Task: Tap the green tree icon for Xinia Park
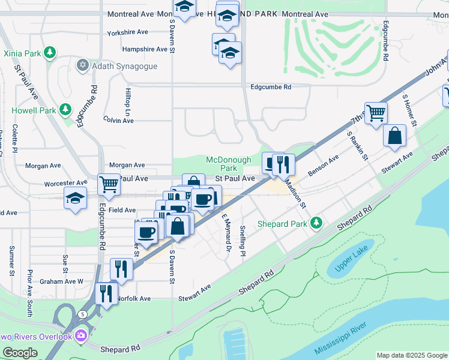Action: (50, 53)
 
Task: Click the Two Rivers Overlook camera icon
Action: (82, 336)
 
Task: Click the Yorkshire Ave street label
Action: (127, 32)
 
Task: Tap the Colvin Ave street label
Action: (118, 121)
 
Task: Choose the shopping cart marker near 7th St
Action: (376, 112)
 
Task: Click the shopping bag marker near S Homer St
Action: (395, 136)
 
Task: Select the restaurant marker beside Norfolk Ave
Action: (106, 293)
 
